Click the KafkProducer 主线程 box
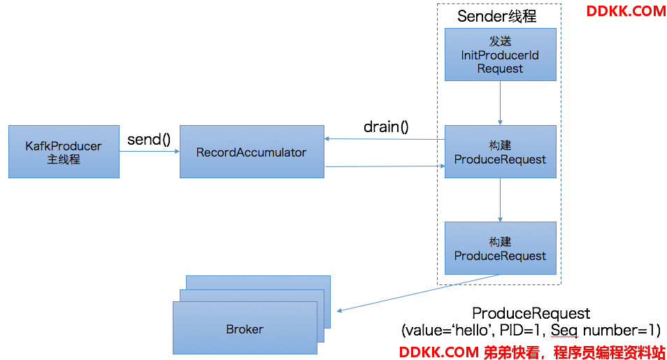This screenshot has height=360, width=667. pos(64,152)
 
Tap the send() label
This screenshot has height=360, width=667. pos(149,139)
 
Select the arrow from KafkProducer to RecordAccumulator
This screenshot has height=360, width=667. pos(150,151)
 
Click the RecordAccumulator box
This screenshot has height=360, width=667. pos(252,152)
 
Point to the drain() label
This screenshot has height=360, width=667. pos(386,127)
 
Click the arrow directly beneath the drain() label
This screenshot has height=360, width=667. pos(385,138)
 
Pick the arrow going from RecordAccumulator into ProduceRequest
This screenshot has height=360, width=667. pos(385,166)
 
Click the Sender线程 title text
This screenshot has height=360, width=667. pos(496,16)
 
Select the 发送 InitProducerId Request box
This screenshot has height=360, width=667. pos(501,55)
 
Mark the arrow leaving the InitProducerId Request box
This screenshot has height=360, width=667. pos(501,103)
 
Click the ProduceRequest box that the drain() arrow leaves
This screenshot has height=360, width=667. pos(501,152)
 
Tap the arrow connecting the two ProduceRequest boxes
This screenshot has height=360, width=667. pos(501,200)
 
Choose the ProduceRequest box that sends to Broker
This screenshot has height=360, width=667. pos(501,248)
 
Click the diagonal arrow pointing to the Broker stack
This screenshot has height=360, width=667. pos(417,293)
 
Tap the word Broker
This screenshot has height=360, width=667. pos(245,329)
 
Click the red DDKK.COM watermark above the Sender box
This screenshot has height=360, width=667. pos(626,11)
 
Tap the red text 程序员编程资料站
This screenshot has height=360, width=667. pos(609,352)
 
